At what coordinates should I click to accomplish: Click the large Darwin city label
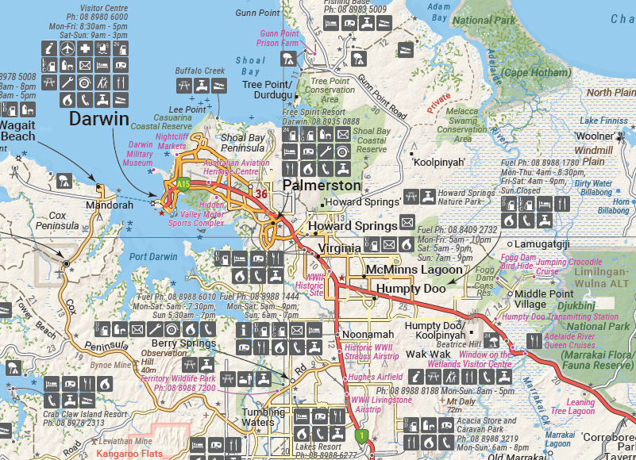click(x=98, y=120)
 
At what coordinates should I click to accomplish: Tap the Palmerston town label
click(x=322, y=186)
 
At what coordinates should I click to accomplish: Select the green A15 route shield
click(x=183, y=184)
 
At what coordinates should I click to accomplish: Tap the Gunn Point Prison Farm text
click(x=279, y=38)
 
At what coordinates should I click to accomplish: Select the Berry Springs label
click(x=183, y=343)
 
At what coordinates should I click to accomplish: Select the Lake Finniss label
click(x=604, y=121)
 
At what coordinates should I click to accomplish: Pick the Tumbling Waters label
click(x=264, y=417)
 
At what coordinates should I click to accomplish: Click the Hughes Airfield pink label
click(x=376, y=378)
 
